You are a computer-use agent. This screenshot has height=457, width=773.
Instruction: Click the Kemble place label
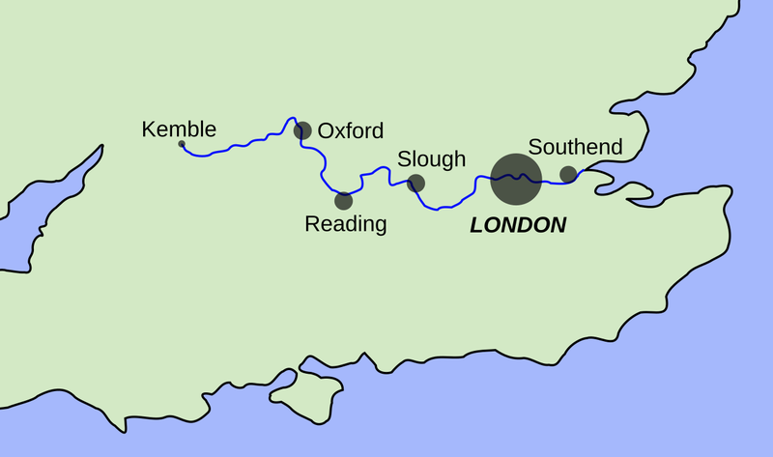pos(179,129)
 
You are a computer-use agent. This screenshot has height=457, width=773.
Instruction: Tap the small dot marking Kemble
pos(182,145)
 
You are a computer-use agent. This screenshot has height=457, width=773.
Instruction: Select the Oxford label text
pos(350,130)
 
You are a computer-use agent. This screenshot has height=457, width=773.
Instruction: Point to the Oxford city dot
pos(302,129)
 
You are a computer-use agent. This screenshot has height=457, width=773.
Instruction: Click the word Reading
pos(345,225)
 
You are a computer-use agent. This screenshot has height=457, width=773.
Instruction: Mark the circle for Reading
pos(343,201)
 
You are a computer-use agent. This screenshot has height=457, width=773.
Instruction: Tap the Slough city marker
pos(415,183)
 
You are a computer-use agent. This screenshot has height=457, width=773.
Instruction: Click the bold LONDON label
pos(518,226)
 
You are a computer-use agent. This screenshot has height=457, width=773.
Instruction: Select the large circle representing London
pos(515,179)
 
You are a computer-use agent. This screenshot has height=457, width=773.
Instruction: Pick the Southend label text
pos(575,148)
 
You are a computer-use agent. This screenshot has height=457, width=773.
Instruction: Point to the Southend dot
pos(568,174)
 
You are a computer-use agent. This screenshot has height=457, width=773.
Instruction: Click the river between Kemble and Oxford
pos(242,146)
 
